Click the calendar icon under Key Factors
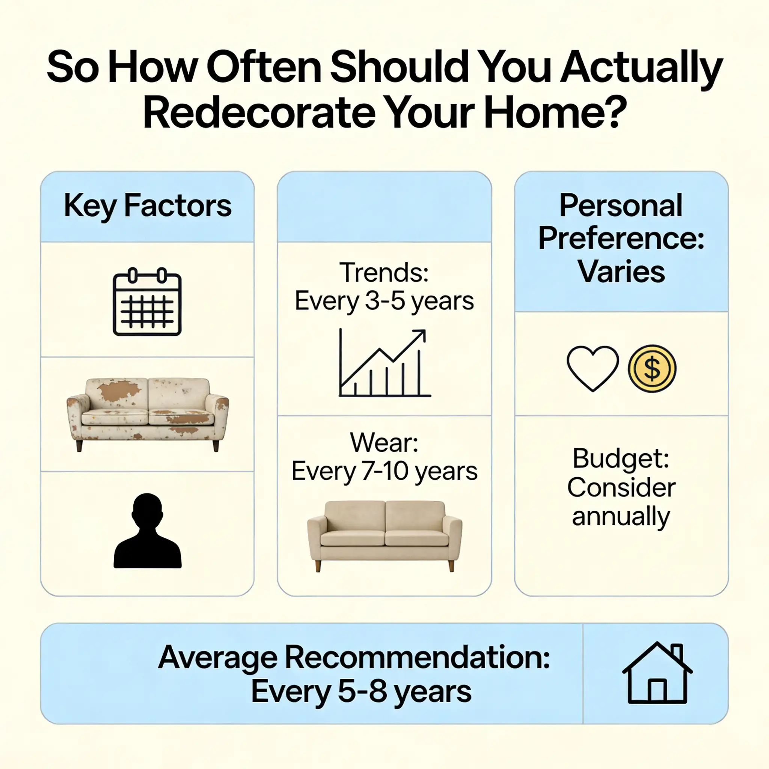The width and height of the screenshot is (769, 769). tap(147, 302)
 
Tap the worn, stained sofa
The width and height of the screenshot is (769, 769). tap(147, 414)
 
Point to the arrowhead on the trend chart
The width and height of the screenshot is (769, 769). tap(421, 334)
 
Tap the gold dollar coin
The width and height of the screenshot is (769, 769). tap(651, 368)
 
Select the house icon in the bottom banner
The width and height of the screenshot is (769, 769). tap(657, 672)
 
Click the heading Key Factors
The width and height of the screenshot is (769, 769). tap(147, 206)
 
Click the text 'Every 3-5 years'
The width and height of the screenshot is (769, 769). tap(384, 301)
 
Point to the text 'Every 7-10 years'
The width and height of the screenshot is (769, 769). tap(384, 471)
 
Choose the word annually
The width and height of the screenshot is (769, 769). tap(621, 516)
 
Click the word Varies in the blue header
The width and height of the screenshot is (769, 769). tap(621, 272)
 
